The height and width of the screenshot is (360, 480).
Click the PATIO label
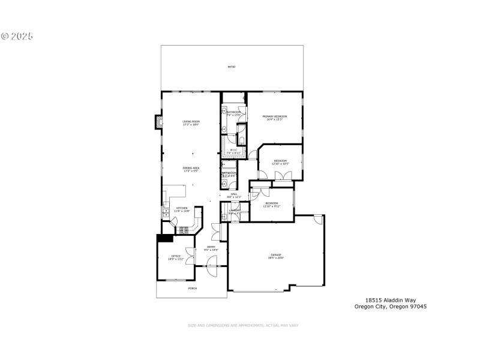click(231, 67)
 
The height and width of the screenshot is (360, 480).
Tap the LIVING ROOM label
click(191, 123)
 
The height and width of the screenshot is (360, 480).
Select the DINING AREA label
click(191, 169)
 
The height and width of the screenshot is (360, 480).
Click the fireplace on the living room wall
click(158, 122)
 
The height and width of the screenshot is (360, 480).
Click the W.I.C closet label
click(234, 151)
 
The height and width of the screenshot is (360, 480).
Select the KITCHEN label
click(182, 209)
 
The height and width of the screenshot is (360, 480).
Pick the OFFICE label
click(176, 258)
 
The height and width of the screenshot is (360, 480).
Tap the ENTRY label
click(211, 248)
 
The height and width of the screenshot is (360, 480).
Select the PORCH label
click(192, 289)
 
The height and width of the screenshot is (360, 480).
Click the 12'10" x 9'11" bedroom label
click(272, 205)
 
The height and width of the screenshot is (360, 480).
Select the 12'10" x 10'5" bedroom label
click(280, 162)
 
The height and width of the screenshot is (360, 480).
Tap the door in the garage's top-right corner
click(319, 219)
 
